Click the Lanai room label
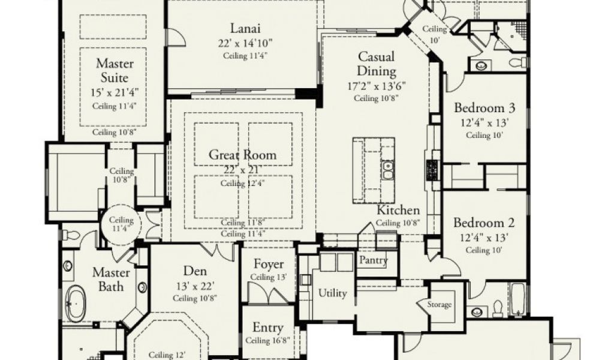(245, 29)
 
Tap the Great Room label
(242, 155)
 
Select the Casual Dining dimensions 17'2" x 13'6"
(377, 86)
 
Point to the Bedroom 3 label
(484, 108)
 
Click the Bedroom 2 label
(484, 223)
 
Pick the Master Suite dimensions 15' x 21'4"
(115, 93)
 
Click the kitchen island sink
(387, 170)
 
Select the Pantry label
(373, 260)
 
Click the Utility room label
(332, 293)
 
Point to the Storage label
(439, 304)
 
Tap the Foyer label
(269, 265)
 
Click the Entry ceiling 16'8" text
(267, 340)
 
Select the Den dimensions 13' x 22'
(195, 286)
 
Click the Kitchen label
(398, 211)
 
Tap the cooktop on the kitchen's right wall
(432, 170)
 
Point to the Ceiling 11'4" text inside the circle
(121, 224)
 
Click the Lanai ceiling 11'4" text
(245, 56)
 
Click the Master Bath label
(111, 280)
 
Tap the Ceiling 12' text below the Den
(167, 355)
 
